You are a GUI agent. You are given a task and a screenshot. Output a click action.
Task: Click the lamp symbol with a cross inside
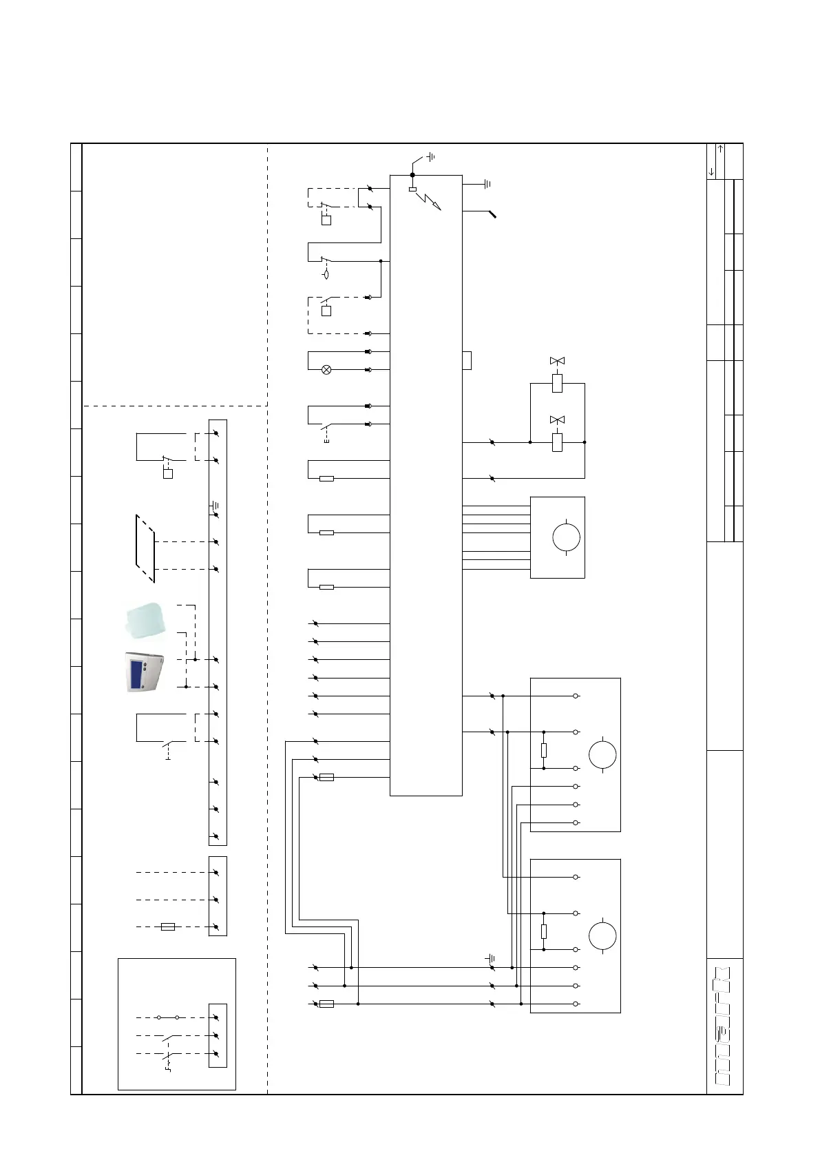[326, 370]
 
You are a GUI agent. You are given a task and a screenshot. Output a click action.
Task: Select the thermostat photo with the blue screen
[145, 672]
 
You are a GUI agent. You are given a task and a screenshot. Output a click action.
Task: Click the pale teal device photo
[145, 621]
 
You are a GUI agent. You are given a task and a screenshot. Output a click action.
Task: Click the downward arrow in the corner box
[711, 172]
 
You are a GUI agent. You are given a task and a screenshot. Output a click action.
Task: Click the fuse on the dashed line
[168, 927]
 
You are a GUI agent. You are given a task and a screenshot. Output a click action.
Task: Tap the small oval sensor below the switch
[326, 274]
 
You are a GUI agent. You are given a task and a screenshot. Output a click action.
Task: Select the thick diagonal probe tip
[493, 214]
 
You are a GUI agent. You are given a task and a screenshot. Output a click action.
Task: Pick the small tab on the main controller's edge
[467, 360]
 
